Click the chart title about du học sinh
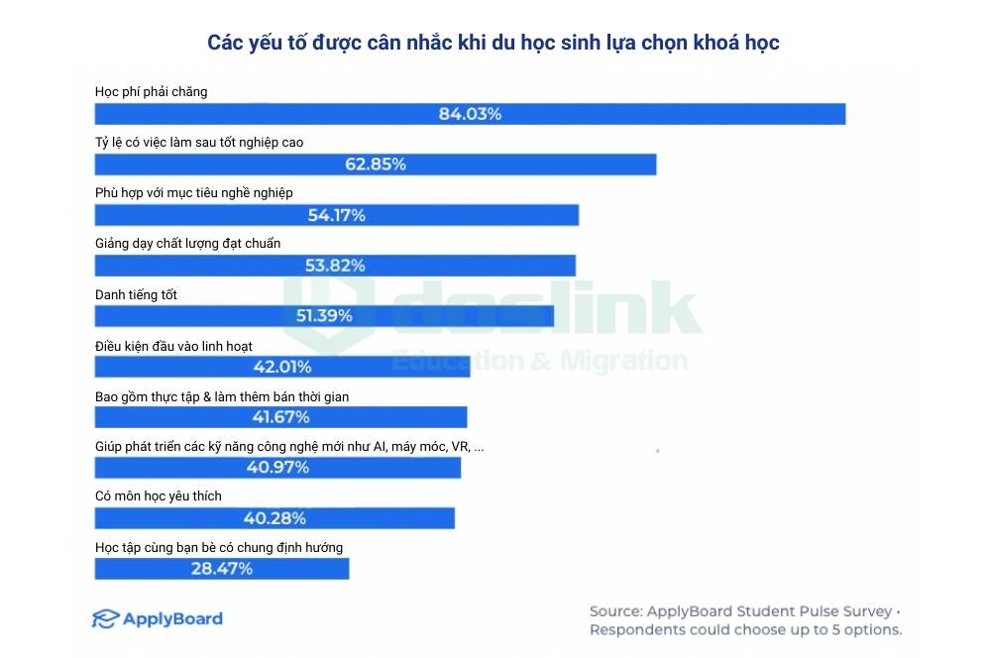pyautogui.click(x=493, y=43)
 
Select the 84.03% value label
pyautogui.click(x=470, y=114)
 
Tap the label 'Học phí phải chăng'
pyautogui.click(x=151, y=92)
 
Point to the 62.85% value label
pyautogui.click(x=375, y=164)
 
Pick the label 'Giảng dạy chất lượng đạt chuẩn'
pyautogui.click(x=187, y=244)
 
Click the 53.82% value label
pyautogui.click(x=335, y=266)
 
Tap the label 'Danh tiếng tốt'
pyautogui.click(x=136, y=294)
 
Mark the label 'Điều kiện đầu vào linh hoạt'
pyautogui.click(x=173, y=346)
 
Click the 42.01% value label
pyautogui.click(x=281, y=367)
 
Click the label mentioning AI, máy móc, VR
pyautogui.click(x=289, y=447)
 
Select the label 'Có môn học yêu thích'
pyautogui.click(x=158, y=496)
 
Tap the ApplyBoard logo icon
pyautogui.click(x=105, y=619)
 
